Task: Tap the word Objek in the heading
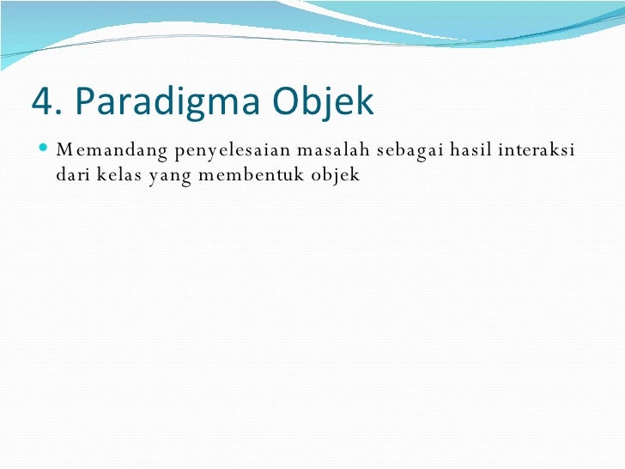coord(325,102)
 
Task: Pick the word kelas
coord(124,175)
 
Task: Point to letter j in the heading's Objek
coord(331,104)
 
